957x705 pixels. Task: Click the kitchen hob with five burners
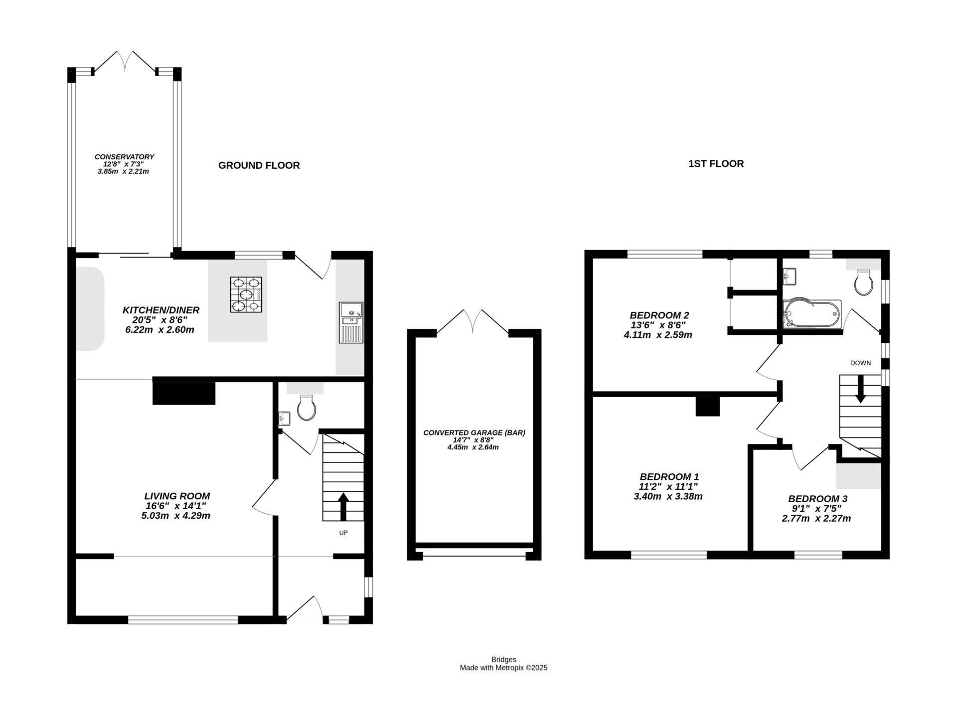pos(246,294)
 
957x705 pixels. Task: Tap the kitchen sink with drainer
pos(351,322)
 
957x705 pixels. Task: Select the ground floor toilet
pos(306,407)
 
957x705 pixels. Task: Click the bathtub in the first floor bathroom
pos(811,313)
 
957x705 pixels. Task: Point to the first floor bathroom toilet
pos(863,283)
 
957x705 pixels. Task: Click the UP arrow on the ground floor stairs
pos(343,506)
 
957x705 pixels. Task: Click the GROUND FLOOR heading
pos(259,165)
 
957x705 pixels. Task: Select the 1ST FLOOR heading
pos(716,163)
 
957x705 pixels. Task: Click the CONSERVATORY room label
pos(124,156)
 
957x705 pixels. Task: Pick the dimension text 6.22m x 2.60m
pos(159,330)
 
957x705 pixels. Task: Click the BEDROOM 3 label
pos(817,499)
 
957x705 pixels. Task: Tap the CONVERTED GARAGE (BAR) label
pos(474,432)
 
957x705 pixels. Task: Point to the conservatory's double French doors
pos(125,61)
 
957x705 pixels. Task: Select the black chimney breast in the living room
pos(184,393)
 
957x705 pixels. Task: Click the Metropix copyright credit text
pos(503,668)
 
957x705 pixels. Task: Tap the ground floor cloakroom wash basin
pos(284,418)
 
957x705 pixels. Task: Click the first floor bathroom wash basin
pos(790,276)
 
